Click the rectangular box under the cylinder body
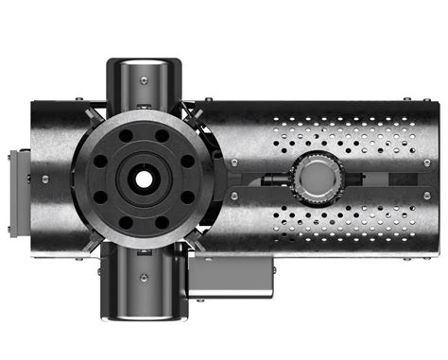tap(232, 275)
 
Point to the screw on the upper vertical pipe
tap(142, 80)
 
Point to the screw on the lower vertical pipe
tap(142, 277)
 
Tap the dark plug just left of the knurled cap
tap(275, 177)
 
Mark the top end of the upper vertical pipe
tap(142, 62)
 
